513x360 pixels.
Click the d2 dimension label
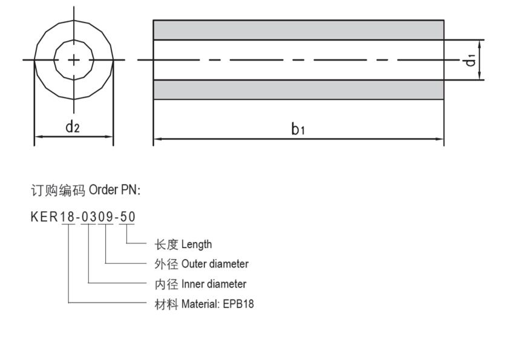point(73,126)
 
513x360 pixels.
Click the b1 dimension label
point(298,128)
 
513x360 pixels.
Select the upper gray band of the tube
point(298,30)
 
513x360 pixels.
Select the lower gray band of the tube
point(298,90)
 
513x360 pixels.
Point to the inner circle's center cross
point(74,60)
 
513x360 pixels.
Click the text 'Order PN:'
point(114,190)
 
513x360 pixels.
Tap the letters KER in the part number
point(44,217)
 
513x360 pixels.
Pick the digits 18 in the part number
point(67,217)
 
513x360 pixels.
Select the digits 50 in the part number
point(128,217)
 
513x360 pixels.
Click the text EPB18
point(241,304)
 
